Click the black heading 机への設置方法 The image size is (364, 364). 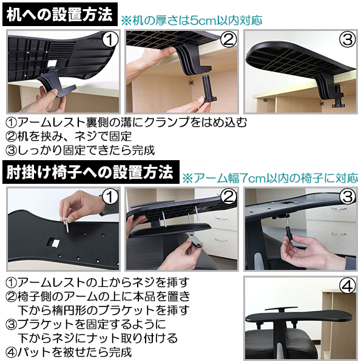59,13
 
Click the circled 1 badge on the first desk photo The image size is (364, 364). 109,41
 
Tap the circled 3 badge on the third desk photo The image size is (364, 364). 346,41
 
